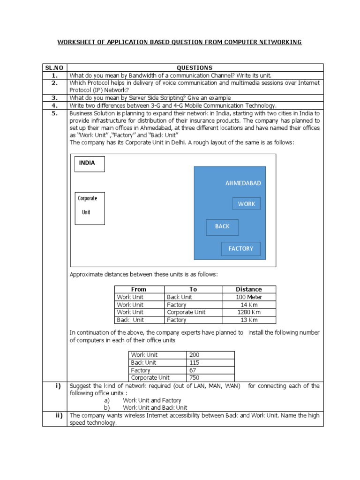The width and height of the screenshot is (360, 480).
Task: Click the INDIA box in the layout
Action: tap(90, 164)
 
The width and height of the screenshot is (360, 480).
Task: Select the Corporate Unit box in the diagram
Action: tap(90, 208)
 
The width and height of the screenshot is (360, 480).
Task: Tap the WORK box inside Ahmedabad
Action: tap(247, 203)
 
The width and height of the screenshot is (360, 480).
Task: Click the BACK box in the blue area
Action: tap(222, 227)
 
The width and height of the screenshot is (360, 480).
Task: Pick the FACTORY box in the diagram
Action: tap(240, 249)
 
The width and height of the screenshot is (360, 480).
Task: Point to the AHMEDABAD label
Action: tap(243, 183)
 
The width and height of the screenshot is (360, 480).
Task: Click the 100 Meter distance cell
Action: tap(249, 297)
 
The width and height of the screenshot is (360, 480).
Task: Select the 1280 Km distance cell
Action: tap(249, 312)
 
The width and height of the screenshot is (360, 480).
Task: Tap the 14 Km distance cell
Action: tap(249, 305)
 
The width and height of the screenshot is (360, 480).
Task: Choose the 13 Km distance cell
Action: tap(249, 320)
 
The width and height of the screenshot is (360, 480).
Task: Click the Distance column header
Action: tap(249, 289)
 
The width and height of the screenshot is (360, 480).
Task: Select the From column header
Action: tap(139, 289)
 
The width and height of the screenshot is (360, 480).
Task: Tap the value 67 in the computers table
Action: tap(193, 370)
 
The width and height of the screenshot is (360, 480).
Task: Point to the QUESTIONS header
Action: tap(195, 68)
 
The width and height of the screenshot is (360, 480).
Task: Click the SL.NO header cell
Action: tap(54, 68)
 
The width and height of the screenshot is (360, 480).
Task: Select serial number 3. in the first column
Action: tap(54, 98)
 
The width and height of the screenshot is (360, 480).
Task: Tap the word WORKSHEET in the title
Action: tap(75, 43)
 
